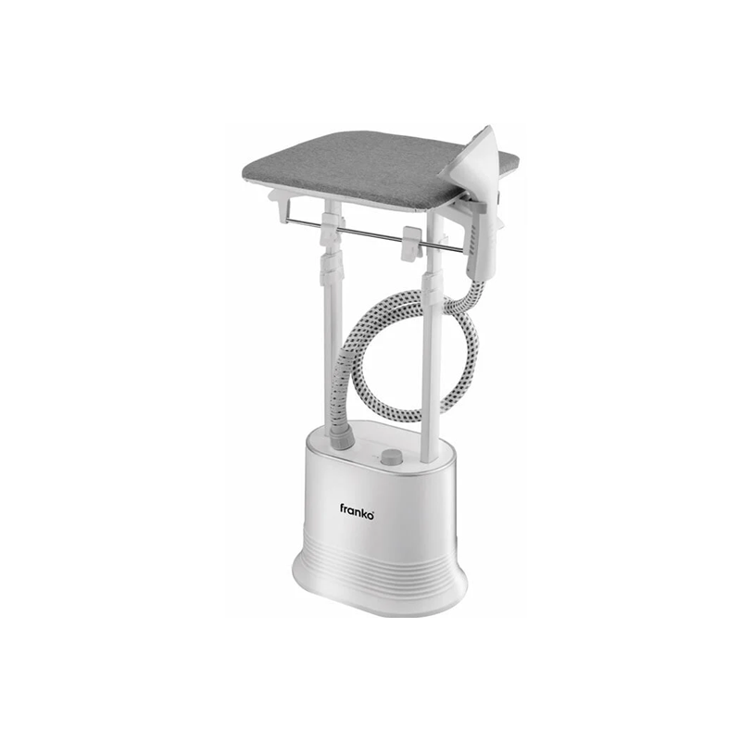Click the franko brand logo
(x=357, y=511)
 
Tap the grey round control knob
(x=392, y=457)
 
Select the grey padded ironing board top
(x=373, y=166)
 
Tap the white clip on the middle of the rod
(x=411, y=244)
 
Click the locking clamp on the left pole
(x=331, y=270)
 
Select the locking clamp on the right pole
(x=433, y=287)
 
